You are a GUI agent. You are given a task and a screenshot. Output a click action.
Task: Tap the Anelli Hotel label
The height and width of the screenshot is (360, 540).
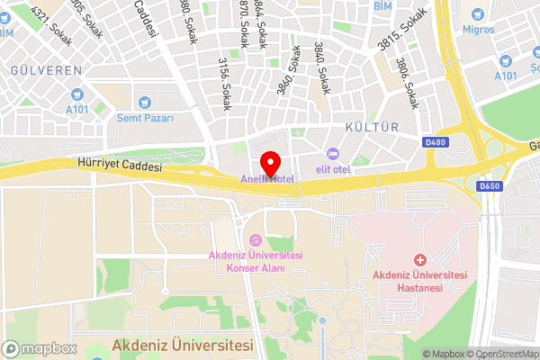(x=267, y=179)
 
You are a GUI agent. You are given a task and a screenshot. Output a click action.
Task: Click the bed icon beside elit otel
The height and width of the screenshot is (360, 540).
(x=332, y=153)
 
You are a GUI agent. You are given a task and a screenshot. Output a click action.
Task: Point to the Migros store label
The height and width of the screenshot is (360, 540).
(x=478, y=30)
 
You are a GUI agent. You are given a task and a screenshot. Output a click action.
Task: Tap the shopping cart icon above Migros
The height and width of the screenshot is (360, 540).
(x=478, y=13)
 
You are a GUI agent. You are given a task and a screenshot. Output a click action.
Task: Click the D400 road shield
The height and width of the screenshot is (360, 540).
(x=434, y=141)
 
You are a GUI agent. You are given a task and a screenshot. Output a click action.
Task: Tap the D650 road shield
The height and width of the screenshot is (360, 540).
(x=490, y=186)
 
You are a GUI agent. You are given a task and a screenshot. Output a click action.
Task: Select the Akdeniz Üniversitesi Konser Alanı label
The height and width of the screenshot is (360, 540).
(x=255, y=262)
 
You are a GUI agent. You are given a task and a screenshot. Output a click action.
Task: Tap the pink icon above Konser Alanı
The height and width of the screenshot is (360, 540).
(x=255, y=240)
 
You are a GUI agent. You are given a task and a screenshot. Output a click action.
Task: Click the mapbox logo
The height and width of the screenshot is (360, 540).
(x=39, y=348)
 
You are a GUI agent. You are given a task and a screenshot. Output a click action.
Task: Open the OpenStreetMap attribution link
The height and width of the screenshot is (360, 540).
(x=500, y=353)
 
